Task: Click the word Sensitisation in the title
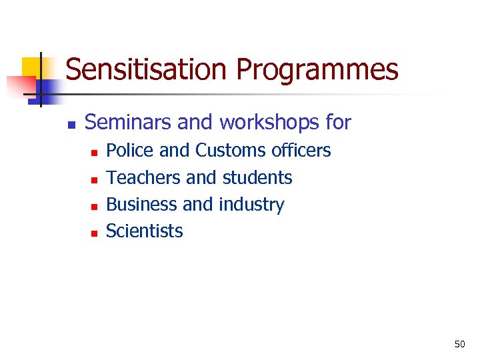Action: [147, 70]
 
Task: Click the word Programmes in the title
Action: [317, 70]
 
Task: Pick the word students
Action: [257, 178]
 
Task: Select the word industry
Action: [251, 205]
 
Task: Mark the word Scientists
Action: [145, 231]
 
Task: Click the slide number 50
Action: [459, 344]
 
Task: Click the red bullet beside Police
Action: [94, 153]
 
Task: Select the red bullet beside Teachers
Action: [94, 179]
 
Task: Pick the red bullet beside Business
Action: [94, 206]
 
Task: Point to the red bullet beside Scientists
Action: [94, 233]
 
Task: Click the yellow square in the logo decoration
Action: [31, 67]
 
